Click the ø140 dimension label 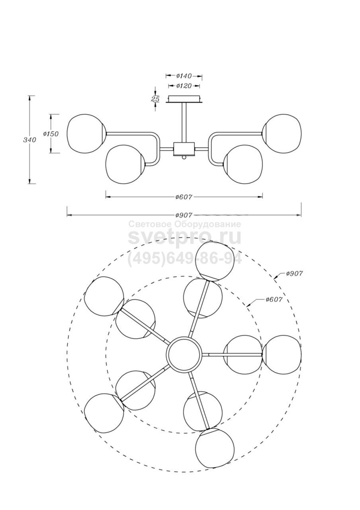184,76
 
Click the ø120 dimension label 184,86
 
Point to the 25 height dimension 155,99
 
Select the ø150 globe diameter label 50,134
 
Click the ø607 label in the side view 184,197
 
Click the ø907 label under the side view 184,215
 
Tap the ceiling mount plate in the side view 184,99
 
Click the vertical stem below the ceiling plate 184,123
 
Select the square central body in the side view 184,149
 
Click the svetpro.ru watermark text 184,238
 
